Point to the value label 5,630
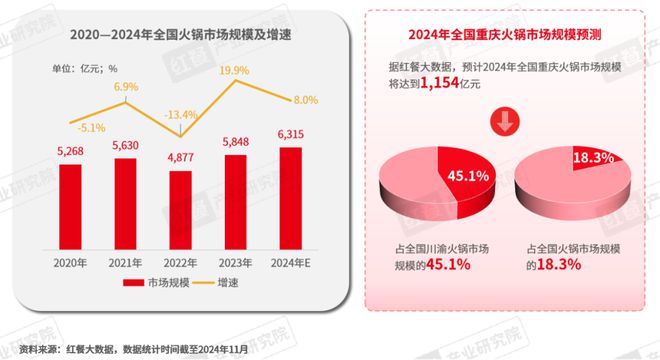pyautogui.click(x=126, y=144)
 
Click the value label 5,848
pyautogui.click(x=236, y=141)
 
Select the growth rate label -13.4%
pyautogui.click(x=181, y=114)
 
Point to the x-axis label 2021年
pyautogui.click(x=126, y=262)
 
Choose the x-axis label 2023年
pyautogui.click(x=236, y=262)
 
